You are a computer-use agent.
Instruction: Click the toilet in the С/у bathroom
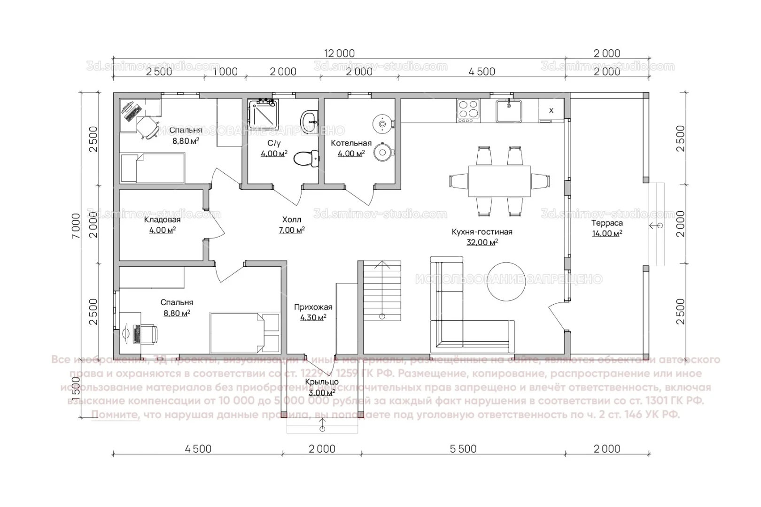pos(305,158)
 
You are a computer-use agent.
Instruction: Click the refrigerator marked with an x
pos(551,111)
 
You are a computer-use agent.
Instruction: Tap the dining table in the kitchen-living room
pos(499,181)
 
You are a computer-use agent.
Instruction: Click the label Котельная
pos(351,143)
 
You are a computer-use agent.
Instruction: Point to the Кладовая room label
pos(162,220)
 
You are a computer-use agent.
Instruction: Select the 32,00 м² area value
pos(482,242)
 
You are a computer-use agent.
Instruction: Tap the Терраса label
pos(607,223)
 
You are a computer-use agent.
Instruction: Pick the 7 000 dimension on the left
pos(76,226)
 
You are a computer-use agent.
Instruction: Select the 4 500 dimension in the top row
pos(482,71)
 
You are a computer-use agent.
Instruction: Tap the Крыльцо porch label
pos(322,382)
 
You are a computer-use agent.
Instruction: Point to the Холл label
pos(292,219)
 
